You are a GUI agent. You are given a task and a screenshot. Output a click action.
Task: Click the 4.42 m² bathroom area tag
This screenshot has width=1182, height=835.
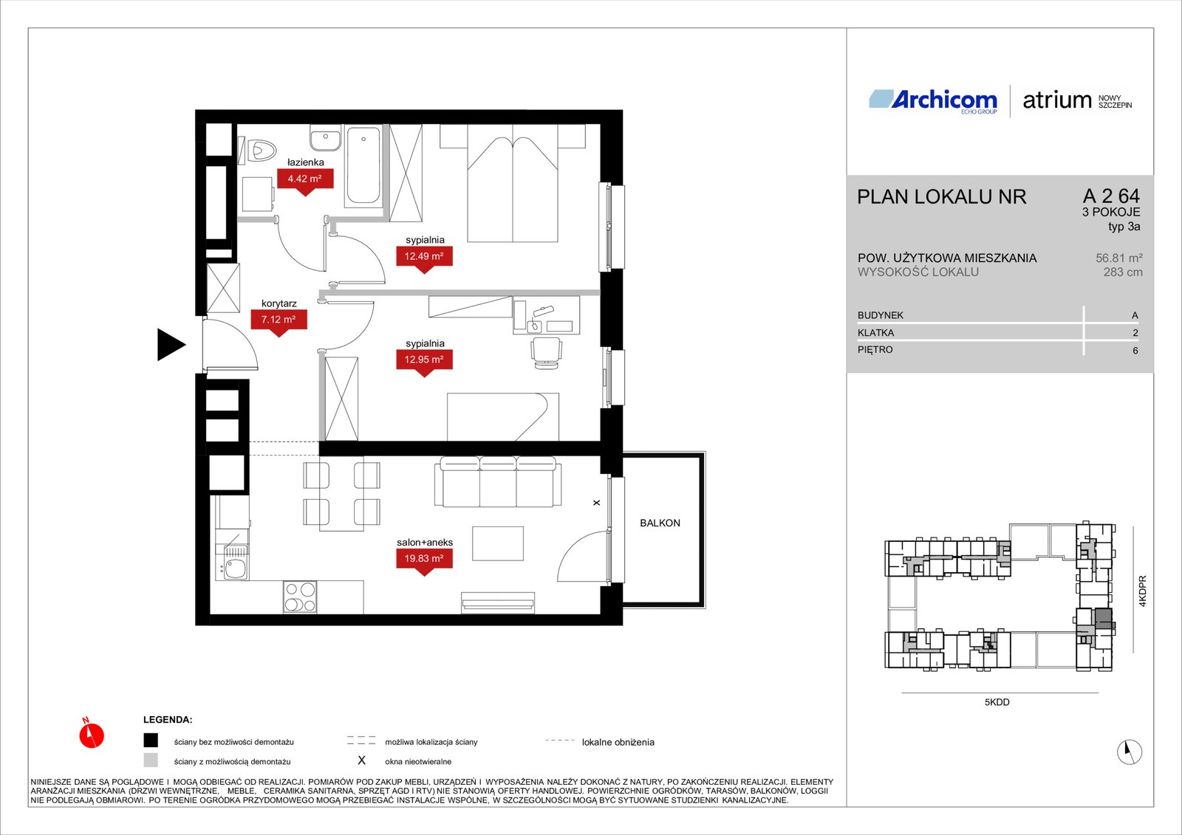[305, 179]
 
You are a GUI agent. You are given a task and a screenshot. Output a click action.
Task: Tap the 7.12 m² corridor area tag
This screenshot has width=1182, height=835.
[279, 320]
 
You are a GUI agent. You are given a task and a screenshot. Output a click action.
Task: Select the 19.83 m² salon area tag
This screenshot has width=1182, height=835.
[424, 559]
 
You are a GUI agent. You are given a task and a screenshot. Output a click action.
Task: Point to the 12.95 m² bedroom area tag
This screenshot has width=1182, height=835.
[424, 360]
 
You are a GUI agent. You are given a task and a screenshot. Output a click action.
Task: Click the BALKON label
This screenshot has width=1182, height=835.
[660, 523]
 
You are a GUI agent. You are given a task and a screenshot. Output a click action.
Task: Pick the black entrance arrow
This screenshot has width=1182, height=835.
[171, 345]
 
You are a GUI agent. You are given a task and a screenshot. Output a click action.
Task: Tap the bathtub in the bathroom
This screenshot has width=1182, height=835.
[363, 165]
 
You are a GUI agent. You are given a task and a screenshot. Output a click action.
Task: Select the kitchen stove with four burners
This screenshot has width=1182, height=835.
[300, 597]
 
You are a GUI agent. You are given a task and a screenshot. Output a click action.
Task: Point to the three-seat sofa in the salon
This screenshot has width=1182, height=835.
[498, 482]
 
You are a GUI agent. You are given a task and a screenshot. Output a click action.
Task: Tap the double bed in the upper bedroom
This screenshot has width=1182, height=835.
[513, 183]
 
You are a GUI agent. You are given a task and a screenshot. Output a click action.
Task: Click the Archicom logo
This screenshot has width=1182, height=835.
[933, 100]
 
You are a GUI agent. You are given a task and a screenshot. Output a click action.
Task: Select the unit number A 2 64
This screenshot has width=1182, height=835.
[1111, 196]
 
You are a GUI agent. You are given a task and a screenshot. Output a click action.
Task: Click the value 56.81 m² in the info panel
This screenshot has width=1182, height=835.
[1118, 258]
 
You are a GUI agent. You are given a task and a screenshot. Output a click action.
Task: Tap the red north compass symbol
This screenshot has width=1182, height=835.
[92, 735]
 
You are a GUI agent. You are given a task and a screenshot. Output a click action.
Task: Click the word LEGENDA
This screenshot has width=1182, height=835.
[168, 720]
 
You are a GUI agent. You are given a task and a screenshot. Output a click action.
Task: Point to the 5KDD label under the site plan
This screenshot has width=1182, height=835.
[997, 702]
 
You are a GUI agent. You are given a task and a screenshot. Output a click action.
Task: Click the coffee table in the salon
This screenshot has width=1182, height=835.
[498, 543]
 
